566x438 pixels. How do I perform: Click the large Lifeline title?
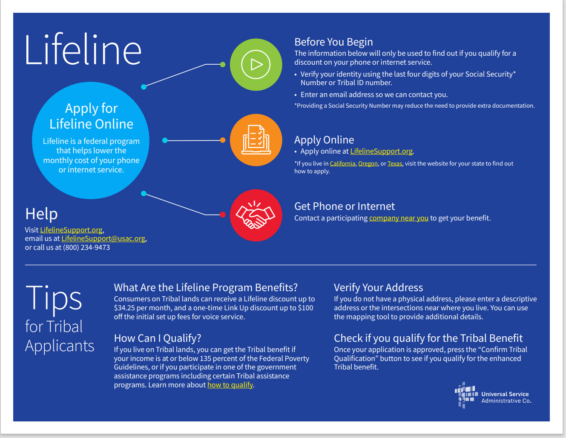click(83, 49)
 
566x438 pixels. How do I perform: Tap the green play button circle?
click(256, 65)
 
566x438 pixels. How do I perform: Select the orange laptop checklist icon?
click(256, 140)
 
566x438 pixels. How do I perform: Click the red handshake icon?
click(256, 215)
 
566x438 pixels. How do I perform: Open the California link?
click(342, 163)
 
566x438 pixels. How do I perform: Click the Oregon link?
click(368, 163)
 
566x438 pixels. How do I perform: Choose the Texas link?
click(395, 163)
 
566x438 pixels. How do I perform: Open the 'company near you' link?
click(399, 218)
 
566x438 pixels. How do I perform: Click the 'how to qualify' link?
click(230, 385)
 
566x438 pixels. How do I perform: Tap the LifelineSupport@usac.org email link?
click(103, 238)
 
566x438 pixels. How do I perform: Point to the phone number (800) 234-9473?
click(86, 247)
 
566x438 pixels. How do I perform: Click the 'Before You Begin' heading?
click(333, 42)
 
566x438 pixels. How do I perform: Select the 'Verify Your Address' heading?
click(378, 288)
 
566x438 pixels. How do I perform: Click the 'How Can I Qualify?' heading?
click(158, 338)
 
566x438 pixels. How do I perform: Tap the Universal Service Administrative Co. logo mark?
click(466, 395)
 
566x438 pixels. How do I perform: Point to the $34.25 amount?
click(124, 308)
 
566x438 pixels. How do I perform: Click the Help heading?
click(41, 214)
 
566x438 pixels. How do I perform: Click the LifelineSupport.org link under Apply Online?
click(381, 151)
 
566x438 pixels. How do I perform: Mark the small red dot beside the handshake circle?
click(223, 215)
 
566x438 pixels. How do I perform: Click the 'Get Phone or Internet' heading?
click(345, 206)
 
